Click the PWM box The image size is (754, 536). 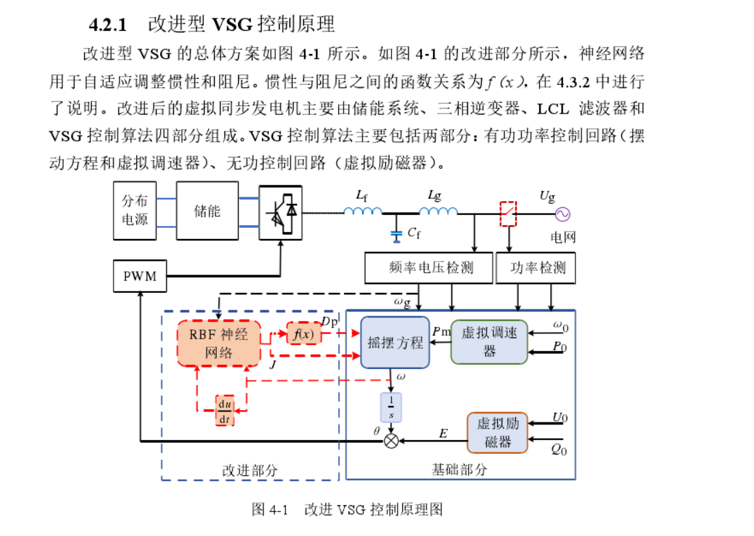tap(140, 277)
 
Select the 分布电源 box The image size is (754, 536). tap(135, 210)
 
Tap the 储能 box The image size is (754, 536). tap(207, 210)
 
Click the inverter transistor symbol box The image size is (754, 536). tap(281, 211)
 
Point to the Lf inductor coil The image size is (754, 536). tap(362, 211)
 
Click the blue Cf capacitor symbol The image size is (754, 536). tap(395, 235)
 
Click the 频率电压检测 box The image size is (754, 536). tap(428, 268)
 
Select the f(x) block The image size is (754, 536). tap(303, 334)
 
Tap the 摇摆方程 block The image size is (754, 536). tap(395, 342)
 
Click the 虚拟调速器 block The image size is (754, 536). tap(489, 342)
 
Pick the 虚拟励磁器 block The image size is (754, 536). tap(497, 433)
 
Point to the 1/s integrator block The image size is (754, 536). tap(391, 408)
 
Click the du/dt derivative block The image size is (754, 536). tap(224, 410)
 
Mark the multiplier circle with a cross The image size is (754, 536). tap(391, 441)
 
